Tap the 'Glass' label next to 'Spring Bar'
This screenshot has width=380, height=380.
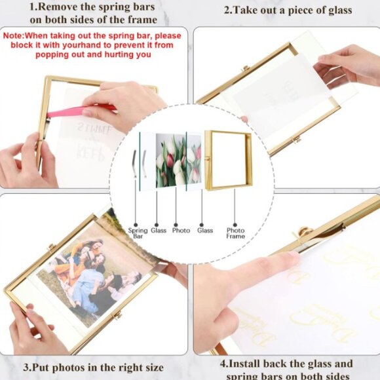coord(159,230)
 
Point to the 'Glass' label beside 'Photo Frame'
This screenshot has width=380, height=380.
coord(205,230)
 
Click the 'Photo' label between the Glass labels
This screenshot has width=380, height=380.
coord(180,230)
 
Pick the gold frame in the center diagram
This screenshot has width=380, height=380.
coord(228,160)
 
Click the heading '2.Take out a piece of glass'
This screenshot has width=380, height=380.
coord(288,10)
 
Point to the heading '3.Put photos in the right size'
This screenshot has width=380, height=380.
coord(93,368)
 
